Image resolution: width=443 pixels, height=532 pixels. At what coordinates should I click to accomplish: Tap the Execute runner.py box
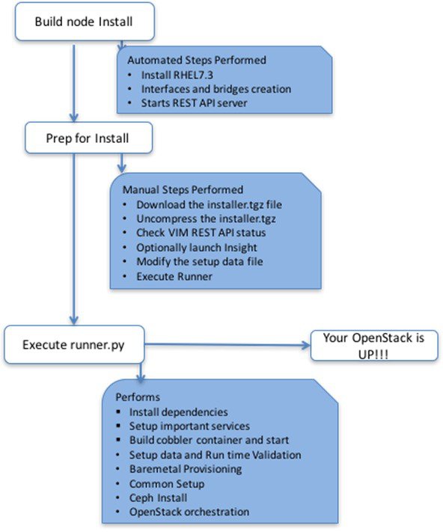pos(74,345)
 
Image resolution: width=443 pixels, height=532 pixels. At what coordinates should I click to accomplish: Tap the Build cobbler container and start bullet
pos(209,440)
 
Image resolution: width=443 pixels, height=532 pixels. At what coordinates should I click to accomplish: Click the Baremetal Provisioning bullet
pos(186,469)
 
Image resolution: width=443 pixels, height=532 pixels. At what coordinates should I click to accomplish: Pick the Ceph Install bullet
pos(158,498)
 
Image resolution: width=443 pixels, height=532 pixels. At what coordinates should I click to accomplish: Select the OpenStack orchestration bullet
pos(189,512)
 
